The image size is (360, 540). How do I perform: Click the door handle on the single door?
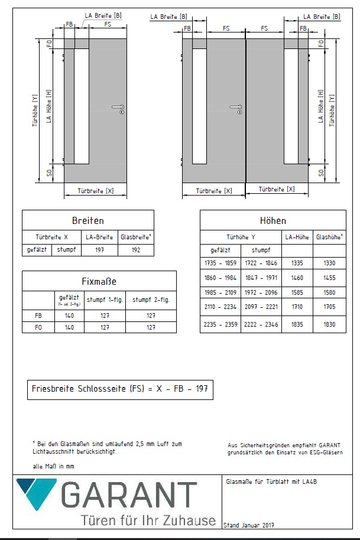pyautogui.click(x=118, y=108)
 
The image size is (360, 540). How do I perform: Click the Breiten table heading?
pyautogui.click(x=87, y=220)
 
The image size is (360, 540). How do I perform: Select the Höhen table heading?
pyautogui.click(x=273, y=220)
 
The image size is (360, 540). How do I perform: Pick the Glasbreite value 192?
pyautogui.click(x=135, y=250)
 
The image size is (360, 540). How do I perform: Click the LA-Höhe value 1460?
pyautogui.click(x=297, y=276)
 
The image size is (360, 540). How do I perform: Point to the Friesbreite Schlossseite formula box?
pyautogui.click(x=120, y=389)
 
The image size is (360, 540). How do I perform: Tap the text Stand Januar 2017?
pyautogui.click(x=249, y=525)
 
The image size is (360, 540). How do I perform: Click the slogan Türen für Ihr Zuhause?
pyautogui.click(x=148, y=521)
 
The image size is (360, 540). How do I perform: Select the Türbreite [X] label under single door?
pyautogui.click(x=95, y=191)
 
